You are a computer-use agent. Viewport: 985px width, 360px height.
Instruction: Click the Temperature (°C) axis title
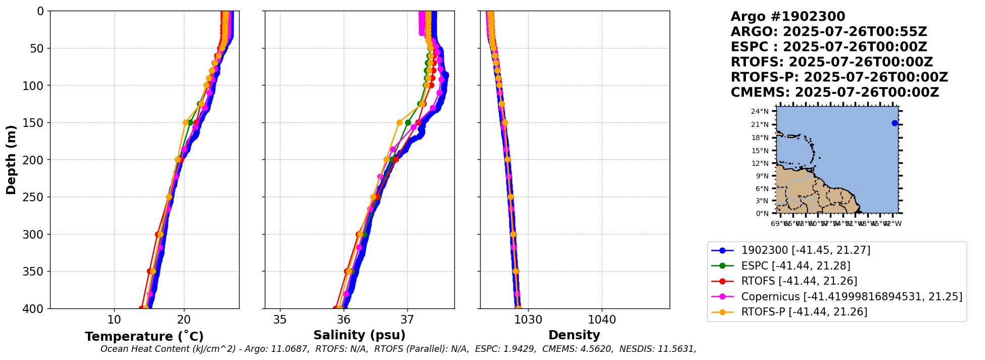[x=144, y=336]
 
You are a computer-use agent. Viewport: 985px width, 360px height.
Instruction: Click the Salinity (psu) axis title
[x=359, y=335]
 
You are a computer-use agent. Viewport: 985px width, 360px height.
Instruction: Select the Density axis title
[x=574, y=335]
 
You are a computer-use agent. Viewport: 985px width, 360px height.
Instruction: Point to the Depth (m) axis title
[x=11, y=160]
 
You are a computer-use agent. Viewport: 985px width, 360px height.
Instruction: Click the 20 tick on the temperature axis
[x=184, y=320]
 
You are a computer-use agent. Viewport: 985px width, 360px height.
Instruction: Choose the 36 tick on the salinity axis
[x=344, y=320]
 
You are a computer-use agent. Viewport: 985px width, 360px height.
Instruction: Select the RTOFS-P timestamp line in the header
[x=839, y=77]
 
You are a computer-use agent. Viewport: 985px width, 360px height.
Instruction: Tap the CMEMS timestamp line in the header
[x=834, y=93]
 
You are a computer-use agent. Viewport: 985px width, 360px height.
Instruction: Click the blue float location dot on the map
[x=895, y=123]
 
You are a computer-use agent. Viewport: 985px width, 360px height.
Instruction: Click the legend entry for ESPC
[x=795, y=265]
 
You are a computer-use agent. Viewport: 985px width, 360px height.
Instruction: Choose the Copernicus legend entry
[x=852, y=296]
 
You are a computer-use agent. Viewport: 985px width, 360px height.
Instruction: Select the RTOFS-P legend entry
[x=804, y=311]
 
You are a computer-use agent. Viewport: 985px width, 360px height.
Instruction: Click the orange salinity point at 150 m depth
[x=399, y=122]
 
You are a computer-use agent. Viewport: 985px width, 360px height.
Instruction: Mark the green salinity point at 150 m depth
[x=408, y=122]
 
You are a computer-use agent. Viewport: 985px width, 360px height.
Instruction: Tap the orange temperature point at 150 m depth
[x=185, y=122]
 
